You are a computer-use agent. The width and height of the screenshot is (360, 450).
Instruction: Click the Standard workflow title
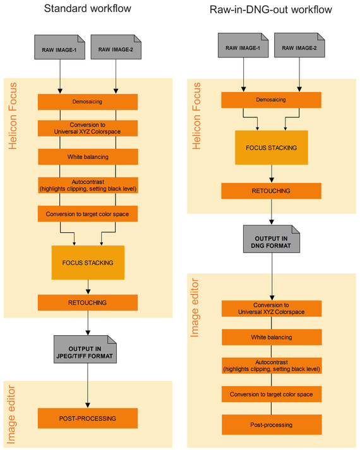point(88,8)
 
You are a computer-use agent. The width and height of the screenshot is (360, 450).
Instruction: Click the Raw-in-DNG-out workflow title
point(271,9)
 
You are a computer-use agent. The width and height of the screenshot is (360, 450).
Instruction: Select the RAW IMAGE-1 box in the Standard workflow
point(60,47)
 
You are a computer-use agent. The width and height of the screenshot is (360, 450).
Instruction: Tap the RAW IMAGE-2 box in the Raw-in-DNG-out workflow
point(299,45)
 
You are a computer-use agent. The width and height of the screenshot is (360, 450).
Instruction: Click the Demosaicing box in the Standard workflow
point(88,102)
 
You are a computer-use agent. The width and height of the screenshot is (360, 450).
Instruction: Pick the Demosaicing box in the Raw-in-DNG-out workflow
point(272,100)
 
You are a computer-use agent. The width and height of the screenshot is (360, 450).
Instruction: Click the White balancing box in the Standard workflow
point(88,157)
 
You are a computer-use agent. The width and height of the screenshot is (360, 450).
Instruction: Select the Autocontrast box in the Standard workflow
point(88,185)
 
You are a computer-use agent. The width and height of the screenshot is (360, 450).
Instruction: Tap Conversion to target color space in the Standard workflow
point(88,214)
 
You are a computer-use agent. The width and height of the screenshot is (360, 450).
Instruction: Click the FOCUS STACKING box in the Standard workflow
point(88,263)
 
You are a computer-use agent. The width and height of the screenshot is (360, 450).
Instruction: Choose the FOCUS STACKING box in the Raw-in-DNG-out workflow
point(272,148)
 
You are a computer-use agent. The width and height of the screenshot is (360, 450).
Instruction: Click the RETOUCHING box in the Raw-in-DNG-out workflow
point(272,191)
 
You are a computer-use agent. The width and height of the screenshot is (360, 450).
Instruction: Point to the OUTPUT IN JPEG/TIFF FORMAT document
point(85,349)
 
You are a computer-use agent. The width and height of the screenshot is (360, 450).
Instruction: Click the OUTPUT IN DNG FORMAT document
point(272,239)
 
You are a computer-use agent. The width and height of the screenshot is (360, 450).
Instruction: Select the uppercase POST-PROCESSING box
point(88,418)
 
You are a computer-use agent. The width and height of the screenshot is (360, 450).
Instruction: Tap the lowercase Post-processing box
point(272,425)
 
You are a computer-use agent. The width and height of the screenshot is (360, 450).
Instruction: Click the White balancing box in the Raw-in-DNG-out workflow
point(272,337)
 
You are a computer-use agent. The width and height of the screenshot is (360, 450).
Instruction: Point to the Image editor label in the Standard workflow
point(11,415)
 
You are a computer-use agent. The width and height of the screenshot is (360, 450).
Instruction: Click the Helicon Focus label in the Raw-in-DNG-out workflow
point(196,116)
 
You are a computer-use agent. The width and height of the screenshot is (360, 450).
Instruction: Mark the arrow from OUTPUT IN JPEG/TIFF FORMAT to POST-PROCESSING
point(88,386)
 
